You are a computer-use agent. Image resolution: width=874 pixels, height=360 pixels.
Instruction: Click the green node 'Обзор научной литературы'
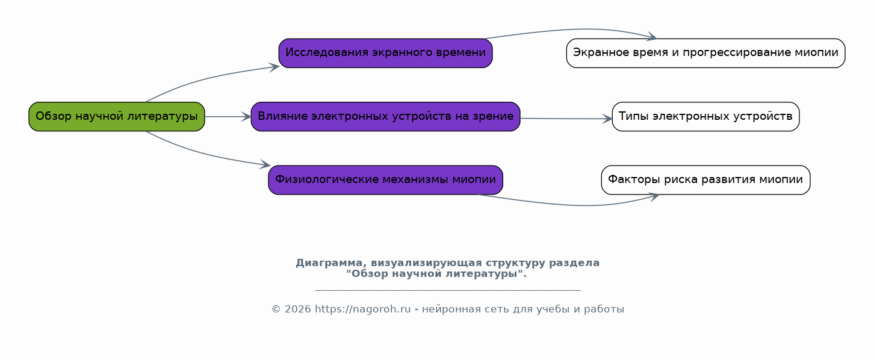pyautogui.click(x=117, y=117)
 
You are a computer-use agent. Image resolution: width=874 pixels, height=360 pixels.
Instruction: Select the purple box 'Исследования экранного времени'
pyautogui.click(x=385, y=53)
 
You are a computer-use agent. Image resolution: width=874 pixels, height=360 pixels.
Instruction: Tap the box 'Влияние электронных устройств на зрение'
pyautogui.click(x=385, y=117)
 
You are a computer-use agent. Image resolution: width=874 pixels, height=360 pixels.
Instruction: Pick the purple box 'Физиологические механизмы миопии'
pyautogui.click(x=385, y=180)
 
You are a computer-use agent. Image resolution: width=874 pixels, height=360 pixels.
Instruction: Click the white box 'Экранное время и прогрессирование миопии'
pyautogui.click(x=705, y=53)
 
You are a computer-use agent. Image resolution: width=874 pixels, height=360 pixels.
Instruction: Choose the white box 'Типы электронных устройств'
pyautogui.click(x=705, y=117)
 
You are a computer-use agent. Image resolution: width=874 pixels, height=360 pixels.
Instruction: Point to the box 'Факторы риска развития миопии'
pyautogui.click(x=705, y=180)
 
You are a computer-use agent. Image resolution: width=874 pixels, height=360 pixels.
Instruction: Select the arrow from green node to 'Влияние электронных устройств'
pyautogui.click(x=228, y=117)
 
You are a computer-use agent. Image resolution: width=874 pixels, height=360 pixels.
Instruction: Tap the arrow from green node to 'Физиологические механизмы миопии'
pyautogui.click(x=203, y=154)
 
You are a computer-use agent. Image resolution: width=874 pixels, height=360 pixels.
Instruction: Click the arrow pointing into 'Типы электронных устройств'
pyautogui.click(x=566, y=119)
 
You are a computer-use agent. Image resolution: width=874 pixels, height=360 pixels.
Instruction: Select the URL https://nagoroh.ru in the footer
pyautogui.click(x=362, y=309)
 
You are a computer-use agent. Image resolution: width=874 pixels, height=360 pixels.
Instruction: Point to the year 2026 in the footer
pyautogui.click(x=298, y=309)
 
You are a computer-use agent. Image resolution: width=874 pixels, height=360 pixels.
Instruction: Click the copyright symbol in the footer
pyautogui.click(x=276, y=309)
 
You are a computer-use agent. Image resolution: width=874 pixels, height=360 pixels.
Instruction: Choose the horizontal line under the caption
pyautogui.click(x=448, y=290)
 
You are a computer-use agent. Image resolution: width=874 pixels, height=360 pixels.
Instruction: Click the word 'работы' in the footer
pyautogui.click(x=604, y=309)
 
